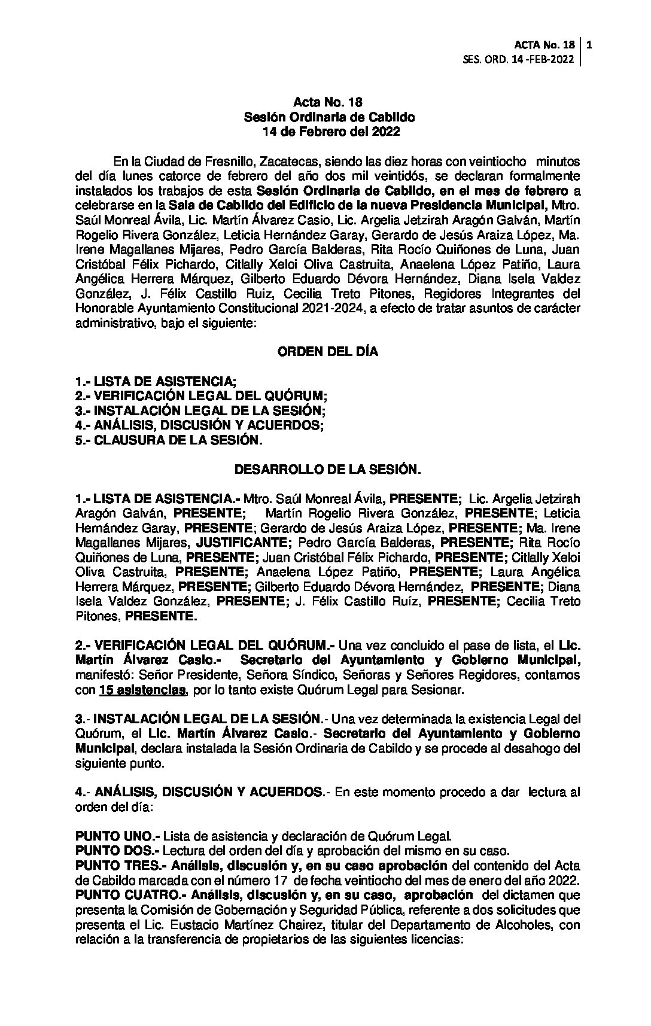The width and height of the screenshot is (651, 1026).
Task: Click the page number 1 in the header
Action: pyautogui.click(x=590, y=45)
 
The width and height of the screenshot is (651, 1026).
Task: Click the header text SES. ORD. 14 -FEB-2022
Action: pyautogui.click(x=519, y=59)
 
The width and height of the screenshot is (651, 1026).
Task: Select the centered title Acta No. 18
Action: pyautogui.click(x=328, y=103)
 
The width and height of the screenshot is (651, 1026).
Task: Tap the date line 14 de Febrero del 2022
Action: pyautogui.click(x=328, y=132)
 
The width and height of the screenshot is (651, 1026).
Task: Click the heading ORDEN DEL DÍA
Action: pyautogui.click(x=327, y=352)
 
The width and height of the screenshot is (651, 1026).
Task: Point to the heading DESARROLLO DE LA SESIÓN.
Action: pyautogui.click(x=327, y=470)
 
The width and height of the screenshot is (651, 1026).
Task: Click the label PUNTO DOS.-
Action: pyautogui.click(x=117, y=850)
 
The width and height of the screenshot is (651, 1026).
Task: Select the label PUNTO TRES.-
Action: pyautogui.click(x=121, y=865)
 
